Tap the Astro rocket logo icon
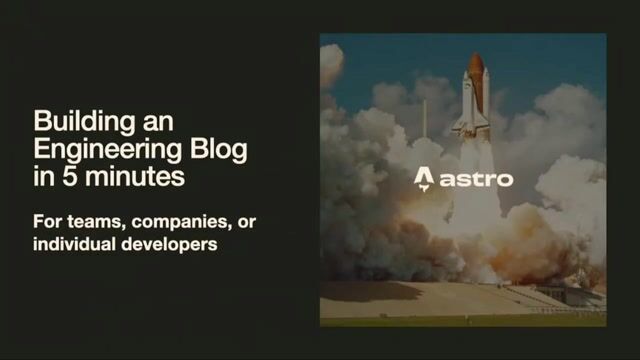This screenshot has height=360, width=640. click(423, 180)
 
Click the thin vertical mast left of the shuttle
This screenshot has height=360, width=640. click(423, 118)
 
